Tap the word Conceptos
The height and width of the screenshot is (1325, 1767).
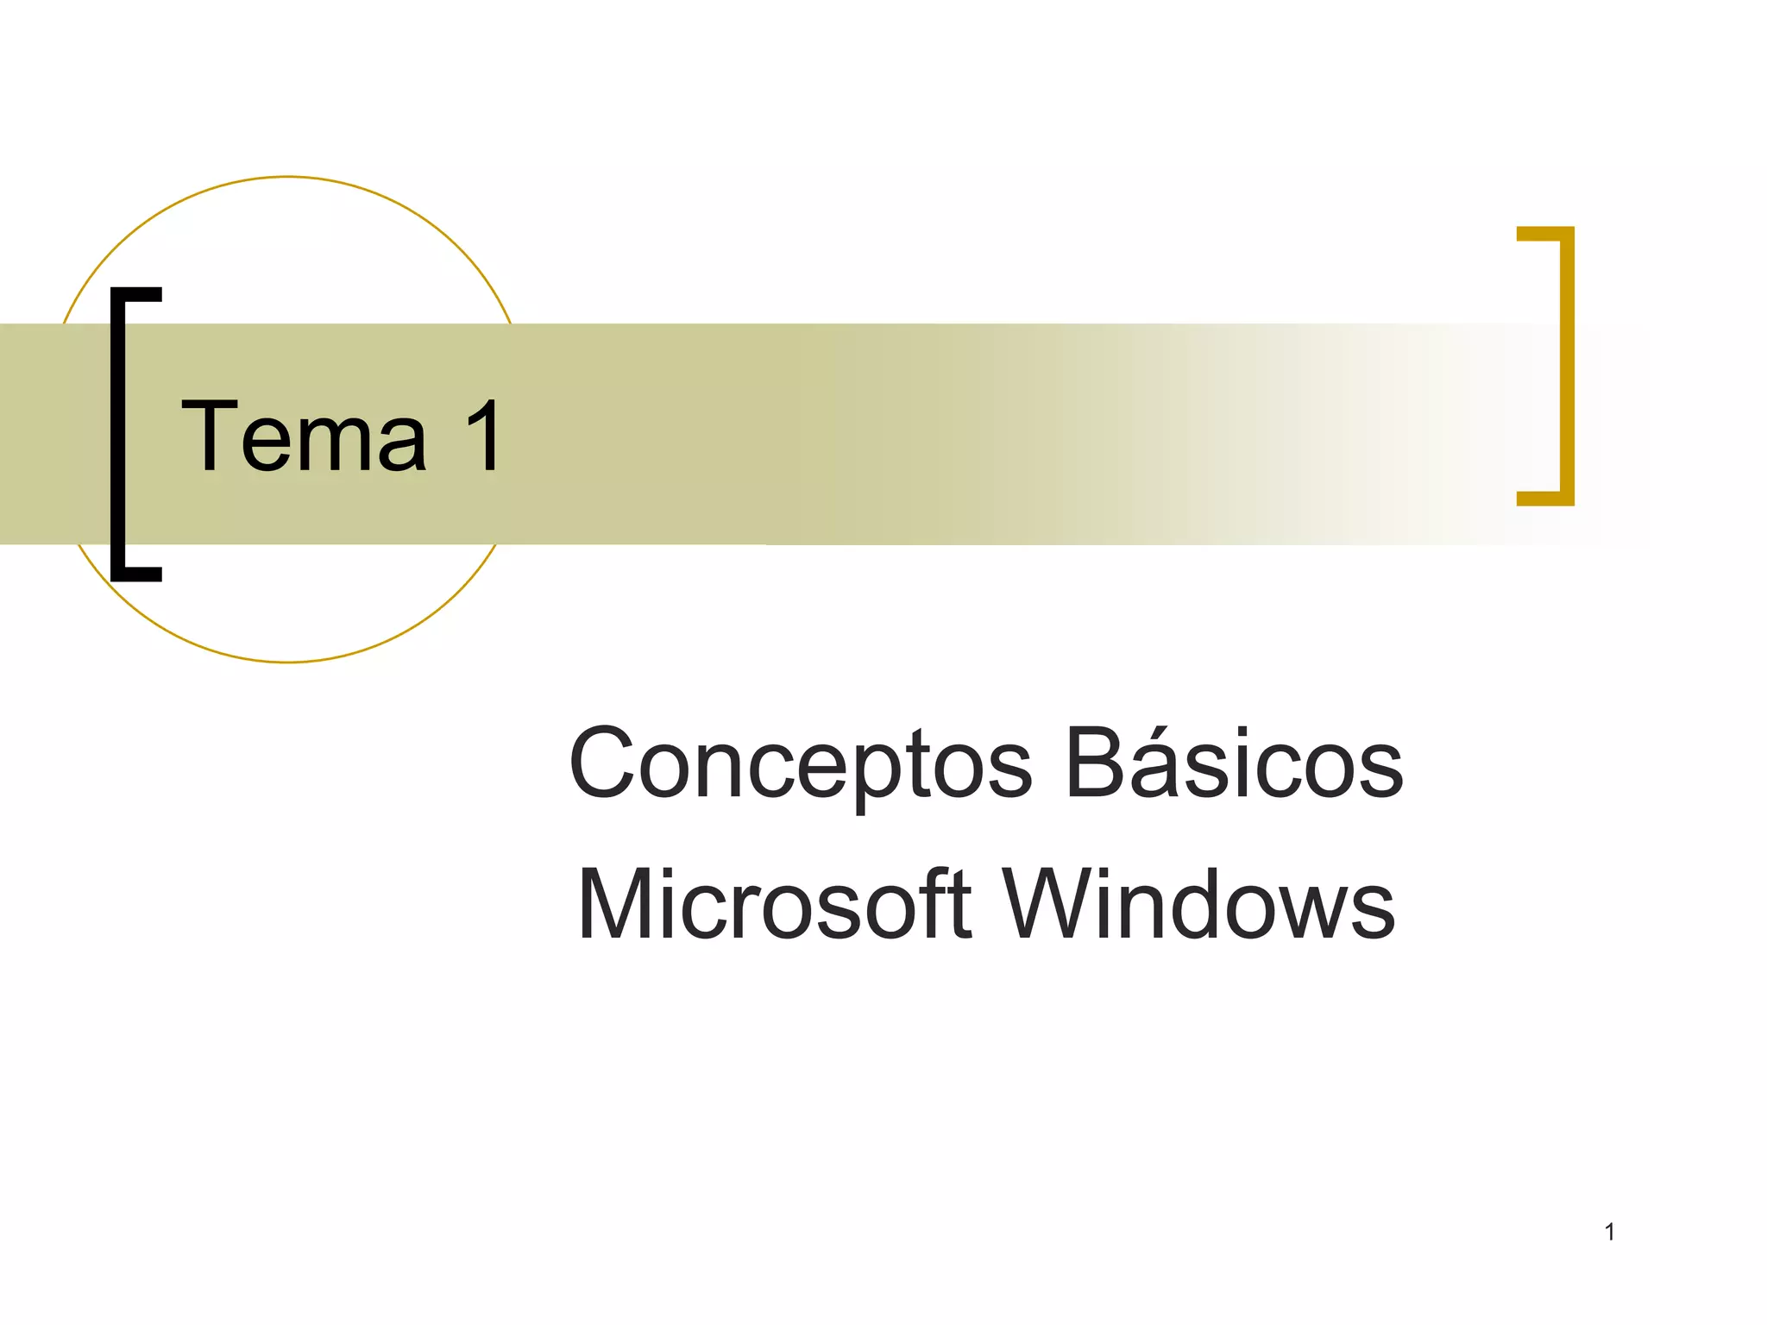(799, 764)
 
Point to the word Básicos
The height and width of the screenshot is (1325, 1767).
(1234, 763)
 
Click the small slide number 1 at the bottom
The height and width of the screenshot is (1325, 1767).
(1609, 1232)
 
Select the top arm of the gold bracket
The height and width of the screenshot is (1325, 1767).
(1544, 233)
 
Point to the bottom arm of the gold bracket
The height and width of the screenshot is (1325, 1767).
(1544, 498)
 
